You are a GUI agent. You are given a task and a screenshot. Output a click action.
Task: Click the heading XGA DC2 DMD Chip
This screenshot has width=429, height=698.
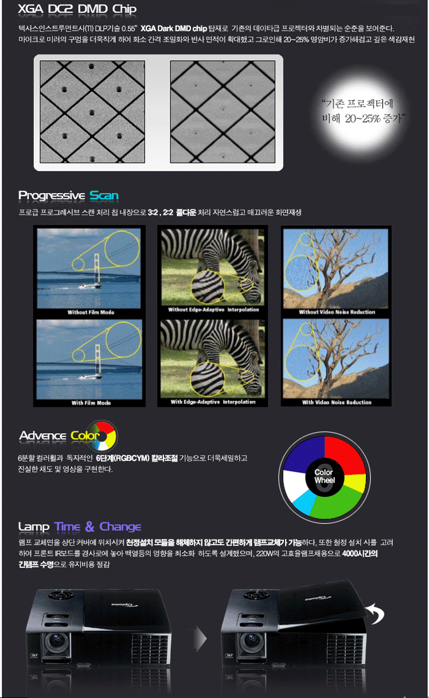coord(77,10)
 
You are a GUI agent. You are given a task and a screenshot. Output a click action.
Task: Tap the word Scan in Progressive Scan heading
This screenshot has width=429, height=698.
coord(104,195)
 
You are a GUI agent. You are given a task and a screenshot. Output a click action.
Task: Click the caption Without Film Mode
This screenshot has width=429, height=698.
coord(91,312)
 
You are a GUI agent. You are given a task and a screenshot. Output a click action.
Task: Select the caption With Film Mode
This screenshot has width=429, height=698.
coord(91,403)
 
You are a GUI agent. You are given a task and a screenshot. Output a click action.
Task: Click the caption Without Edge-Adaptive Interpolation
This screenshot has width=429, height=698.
coord(213,309)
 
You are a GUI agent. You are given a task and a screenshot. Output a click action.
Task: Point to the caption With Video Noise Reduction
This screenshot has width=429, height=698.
coord(337,402)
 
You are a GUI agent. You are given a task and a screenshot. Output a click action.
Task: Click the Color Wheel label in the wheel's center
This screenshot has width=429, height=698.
coord(324,476)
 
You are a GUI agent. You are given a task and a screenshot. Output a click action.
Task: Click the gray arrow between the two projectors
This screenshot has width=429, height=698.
coord(198,637)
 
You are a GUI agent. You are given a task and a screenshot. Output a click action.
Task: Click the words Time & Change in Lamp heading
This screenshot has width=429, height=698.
coord(97,526)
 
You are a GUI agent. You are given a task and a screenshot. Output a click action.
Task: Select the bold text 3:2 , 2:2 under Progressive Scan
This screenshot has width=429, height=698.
coord(161,213)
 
